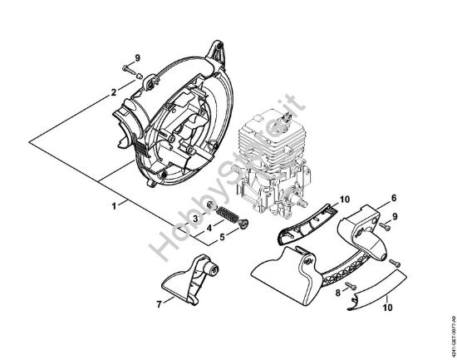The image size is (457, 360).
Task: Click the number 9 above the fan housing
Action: point(138,57)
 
